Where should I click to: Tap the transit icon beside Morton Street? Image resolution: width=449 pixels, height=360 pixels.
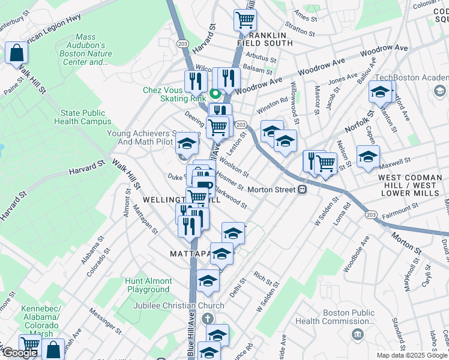point(303,190)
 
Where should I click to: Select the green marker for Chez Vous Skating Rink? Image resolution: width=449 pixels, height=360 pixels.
point(215,93)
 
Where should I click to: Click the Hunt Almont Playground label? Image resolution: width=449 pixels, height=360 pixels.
point(148,285)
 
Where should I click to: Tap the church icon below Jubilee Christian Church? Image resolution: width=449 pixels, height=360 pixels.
point(206,318)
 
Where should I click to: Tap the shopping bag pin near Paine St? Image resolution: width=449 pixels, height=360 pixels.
point(16,53)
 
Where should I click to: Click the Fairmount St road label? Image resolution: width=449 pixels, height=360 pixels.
point(400,209)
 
